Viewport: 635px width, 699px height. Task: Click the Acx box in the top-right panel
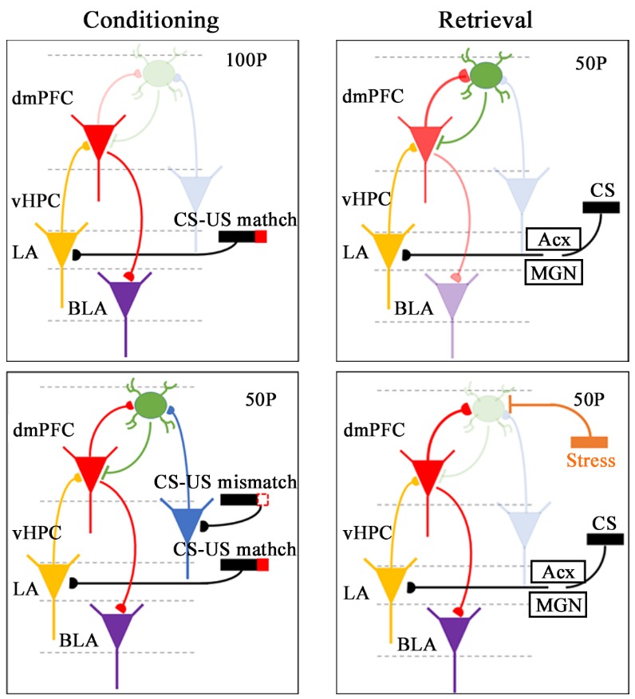pyautogui.click(x=553, y=238)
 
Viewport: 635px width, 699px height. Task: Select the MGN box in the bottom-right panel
pyautogui.click(x=558, y=605)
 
